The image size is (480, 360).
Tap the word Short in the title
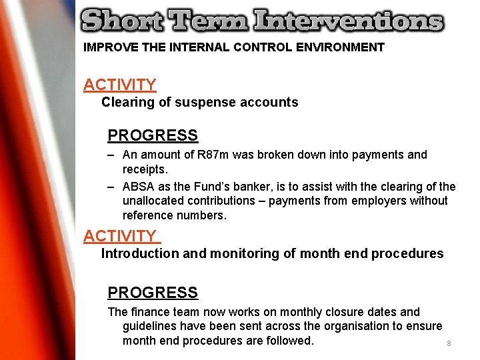[x=120, y=21]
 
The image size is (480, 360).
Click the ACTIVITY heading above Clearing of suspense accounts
[x=119, y=85]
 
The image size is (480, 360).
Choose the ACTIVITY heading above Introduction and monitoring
[x=119, y=236]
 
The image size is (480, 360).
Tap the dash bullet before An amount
[x=111, y=155]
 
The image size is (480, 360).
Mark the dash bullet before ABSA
[x=111, y=187]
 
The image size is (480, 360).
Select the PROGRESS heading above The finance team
[x=153, y=293]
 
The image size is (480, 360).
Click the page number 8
[x=449, y=343]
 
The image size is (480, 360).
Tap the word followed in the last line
[x=288, y=341]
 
